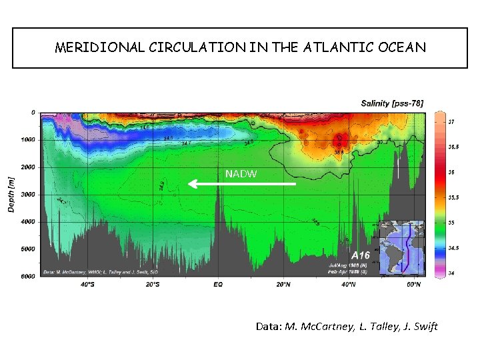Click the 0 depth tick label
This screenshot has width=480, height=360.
(33, 113)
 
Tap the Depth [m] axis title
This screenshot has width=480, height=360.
(11, 194)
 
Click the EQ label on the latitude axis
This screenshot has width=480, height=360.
(218, 285)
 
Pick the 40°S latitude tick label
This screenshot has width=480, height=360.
(87, 285)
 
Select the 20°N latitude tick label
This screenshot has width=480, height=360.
(283, 285)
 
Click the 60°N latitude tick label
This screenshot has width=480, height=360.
(413, 285)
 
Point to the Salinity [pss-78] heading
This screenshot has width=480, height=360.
(392, 103)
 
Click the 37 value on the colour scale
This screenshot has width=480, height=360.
(451, 122)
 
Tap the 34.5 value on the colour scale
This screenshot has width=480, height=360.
(452, 248)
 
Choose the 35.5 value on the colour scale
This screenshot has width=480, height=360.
(452, 197)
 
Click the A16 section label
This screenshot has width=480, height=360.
(361, 255)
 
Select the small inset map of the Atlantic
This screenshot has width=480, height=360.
(401, 247)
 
